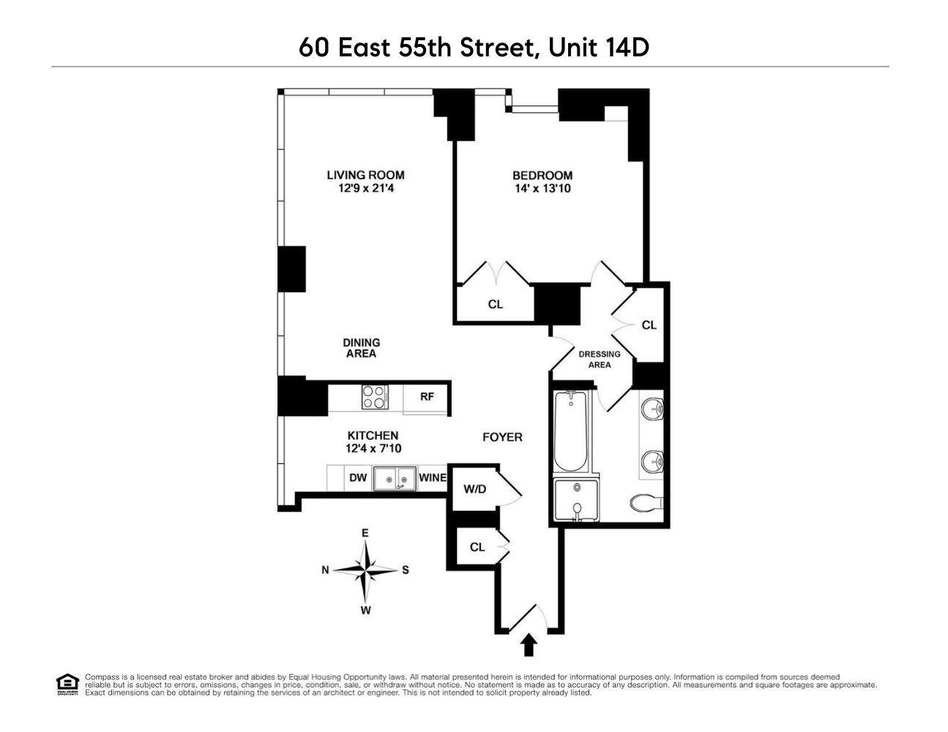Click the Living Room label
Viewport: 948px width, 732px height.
tap(365, 175)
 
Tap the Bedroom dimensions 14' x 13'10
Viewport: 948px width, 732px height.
tap(542, 189)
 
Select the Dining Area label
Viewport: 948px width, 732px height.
tap(361, 348)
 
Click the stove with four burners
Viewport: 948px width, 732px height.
tap(374, 397)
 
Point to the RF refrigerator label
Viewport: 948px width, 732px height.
tap(427, 397)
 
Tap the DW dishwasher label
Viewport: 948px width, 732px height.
tap(357, 478)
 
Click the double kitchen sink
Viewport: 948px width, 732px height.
tap(395, 479)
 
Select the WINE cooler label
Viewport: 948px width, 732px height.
tap(433, 478)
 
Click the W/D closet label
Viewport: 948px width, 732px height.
tap(474, 488)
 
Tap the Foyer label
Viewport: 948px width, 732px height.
tap(502, 437)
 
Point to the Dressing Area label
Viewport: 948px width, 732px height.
tap(600, 359)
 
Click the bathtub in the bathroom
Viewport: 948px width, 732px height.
tap(570, 432)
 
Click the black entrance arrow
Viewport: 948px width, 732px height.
tap(529, 645)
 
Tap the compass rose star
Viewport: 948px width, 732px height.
tap(365, 569)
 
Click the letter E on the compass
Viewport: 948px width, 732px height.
tap(365, 533)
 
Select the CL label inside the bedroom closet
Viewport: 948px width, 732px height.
tap(496, 304)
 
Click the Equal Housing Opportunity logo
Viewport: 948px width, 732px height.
tap(67, 684)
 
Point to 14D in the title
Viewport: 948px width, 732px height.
tap(627, 48)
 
